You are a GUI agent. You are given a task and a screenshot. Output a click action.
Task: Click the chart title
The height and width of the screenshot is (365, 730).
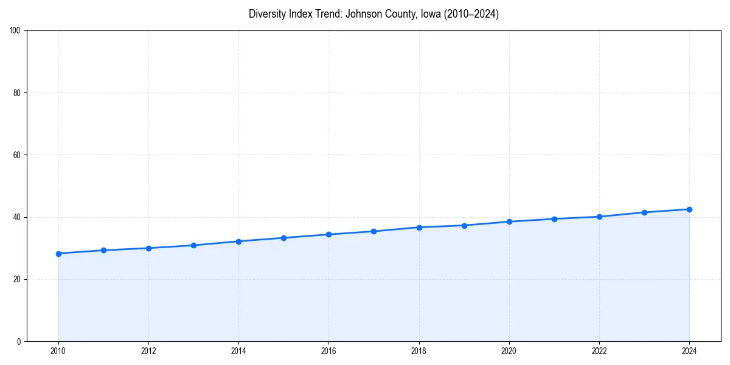[x=374, y=14]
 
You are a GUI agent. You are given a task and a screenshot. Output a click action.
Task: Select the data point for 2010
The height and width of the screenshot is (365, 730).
[x=58, y=254]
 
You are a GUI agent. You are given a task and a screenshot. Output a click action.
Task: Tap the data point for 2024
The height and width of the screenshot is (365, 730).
[x=689, y=209]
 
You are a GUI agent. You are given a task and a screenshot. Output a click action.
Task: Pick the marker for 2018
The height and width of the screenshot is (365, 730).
[x=419, y=228]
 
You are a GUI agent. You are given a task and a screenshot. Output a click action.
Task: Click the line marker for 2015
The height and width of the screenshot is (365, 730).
[x=283, y=238]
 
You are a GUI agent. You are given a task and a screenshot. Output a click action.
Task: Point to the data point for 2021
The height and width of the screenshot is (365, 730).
[x=554, y=219]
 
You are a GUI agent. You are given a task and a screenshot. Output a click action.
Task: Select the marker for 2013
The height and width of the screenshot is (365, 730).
[x=193, y=245]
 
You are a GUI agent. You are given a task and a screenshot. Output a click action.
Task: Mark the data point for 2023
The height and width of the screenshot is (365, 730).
[x=644, y=212]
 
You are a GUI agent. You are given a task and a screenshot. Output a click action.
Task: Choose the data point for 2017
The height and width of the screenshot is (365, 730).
[x=374, y=231]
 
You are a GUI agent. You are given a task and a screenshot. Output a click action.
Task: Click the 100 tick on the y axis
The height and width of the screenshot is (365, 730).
[x=16, y=31]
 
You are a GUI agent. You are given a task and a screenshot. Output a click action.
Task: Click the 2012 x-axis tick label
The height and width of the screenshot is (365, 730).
[x=148, y=350]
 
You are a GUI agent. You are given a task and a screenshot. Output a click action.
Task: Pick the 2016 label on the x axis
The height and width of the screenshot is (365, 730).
[x=328, y=350]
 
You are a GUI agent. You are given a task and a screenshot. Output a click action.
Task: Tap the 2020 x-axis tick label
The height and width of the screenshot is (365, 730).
[x=509, y=350]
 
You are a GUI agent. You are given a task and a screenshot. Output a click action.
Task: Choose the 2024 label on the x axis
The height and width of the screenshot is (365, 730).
[x=689, y=350]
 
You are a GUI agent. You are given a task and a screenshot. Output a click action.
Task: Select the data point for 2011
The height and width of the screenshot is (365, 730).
[x=103, y=250]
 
